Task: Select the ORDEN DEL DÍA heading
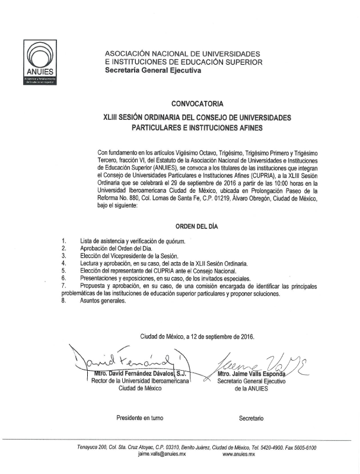[x=198, y=226]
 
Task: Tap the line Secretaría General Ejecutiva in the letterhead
[x=153, y=71]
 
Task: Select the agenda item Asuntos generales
[x=103, y=301]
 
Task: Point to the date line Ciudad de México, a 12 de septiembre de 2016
[x=197, y=336]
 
